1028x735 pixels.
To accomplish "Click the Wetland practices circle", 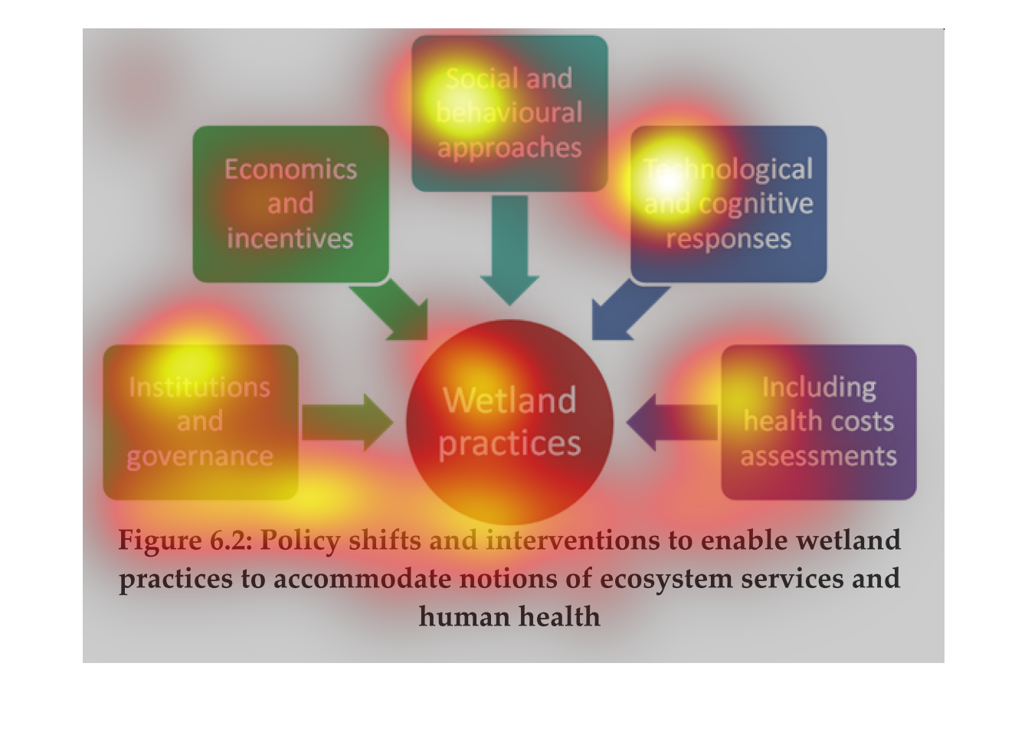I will (x=509, y=422).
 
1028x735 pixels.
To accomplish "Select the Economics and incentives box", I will (x=290, y=204).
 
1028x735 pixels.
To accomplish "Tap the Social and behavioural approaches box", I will (x=509, y=113).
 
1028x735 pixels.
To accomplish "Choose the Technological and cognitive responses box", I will (x=728, y=204).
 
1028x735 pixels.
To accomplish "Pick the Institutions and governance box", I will (x=200, y=422).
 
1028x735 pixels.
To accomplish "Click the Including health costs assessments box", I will (x=818, y=422).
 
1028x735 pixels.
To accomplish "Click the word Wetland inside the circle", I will (x=509, y=400).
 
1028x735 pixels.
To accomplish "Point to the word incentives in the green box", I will (x=290, y=239).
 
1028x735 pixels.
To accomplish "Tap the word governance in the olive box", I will (x=200, y=456).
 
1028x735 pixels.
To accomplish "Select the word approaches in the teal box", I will (x=509, y=147).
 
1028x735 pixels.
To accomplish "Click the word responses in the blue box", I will (x=728, y=239).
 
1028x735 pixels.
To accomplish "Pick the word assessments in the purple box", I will (x=818, y=456).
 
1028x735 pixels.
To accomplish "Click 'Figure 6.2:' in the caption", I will (x=185, y=541).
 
